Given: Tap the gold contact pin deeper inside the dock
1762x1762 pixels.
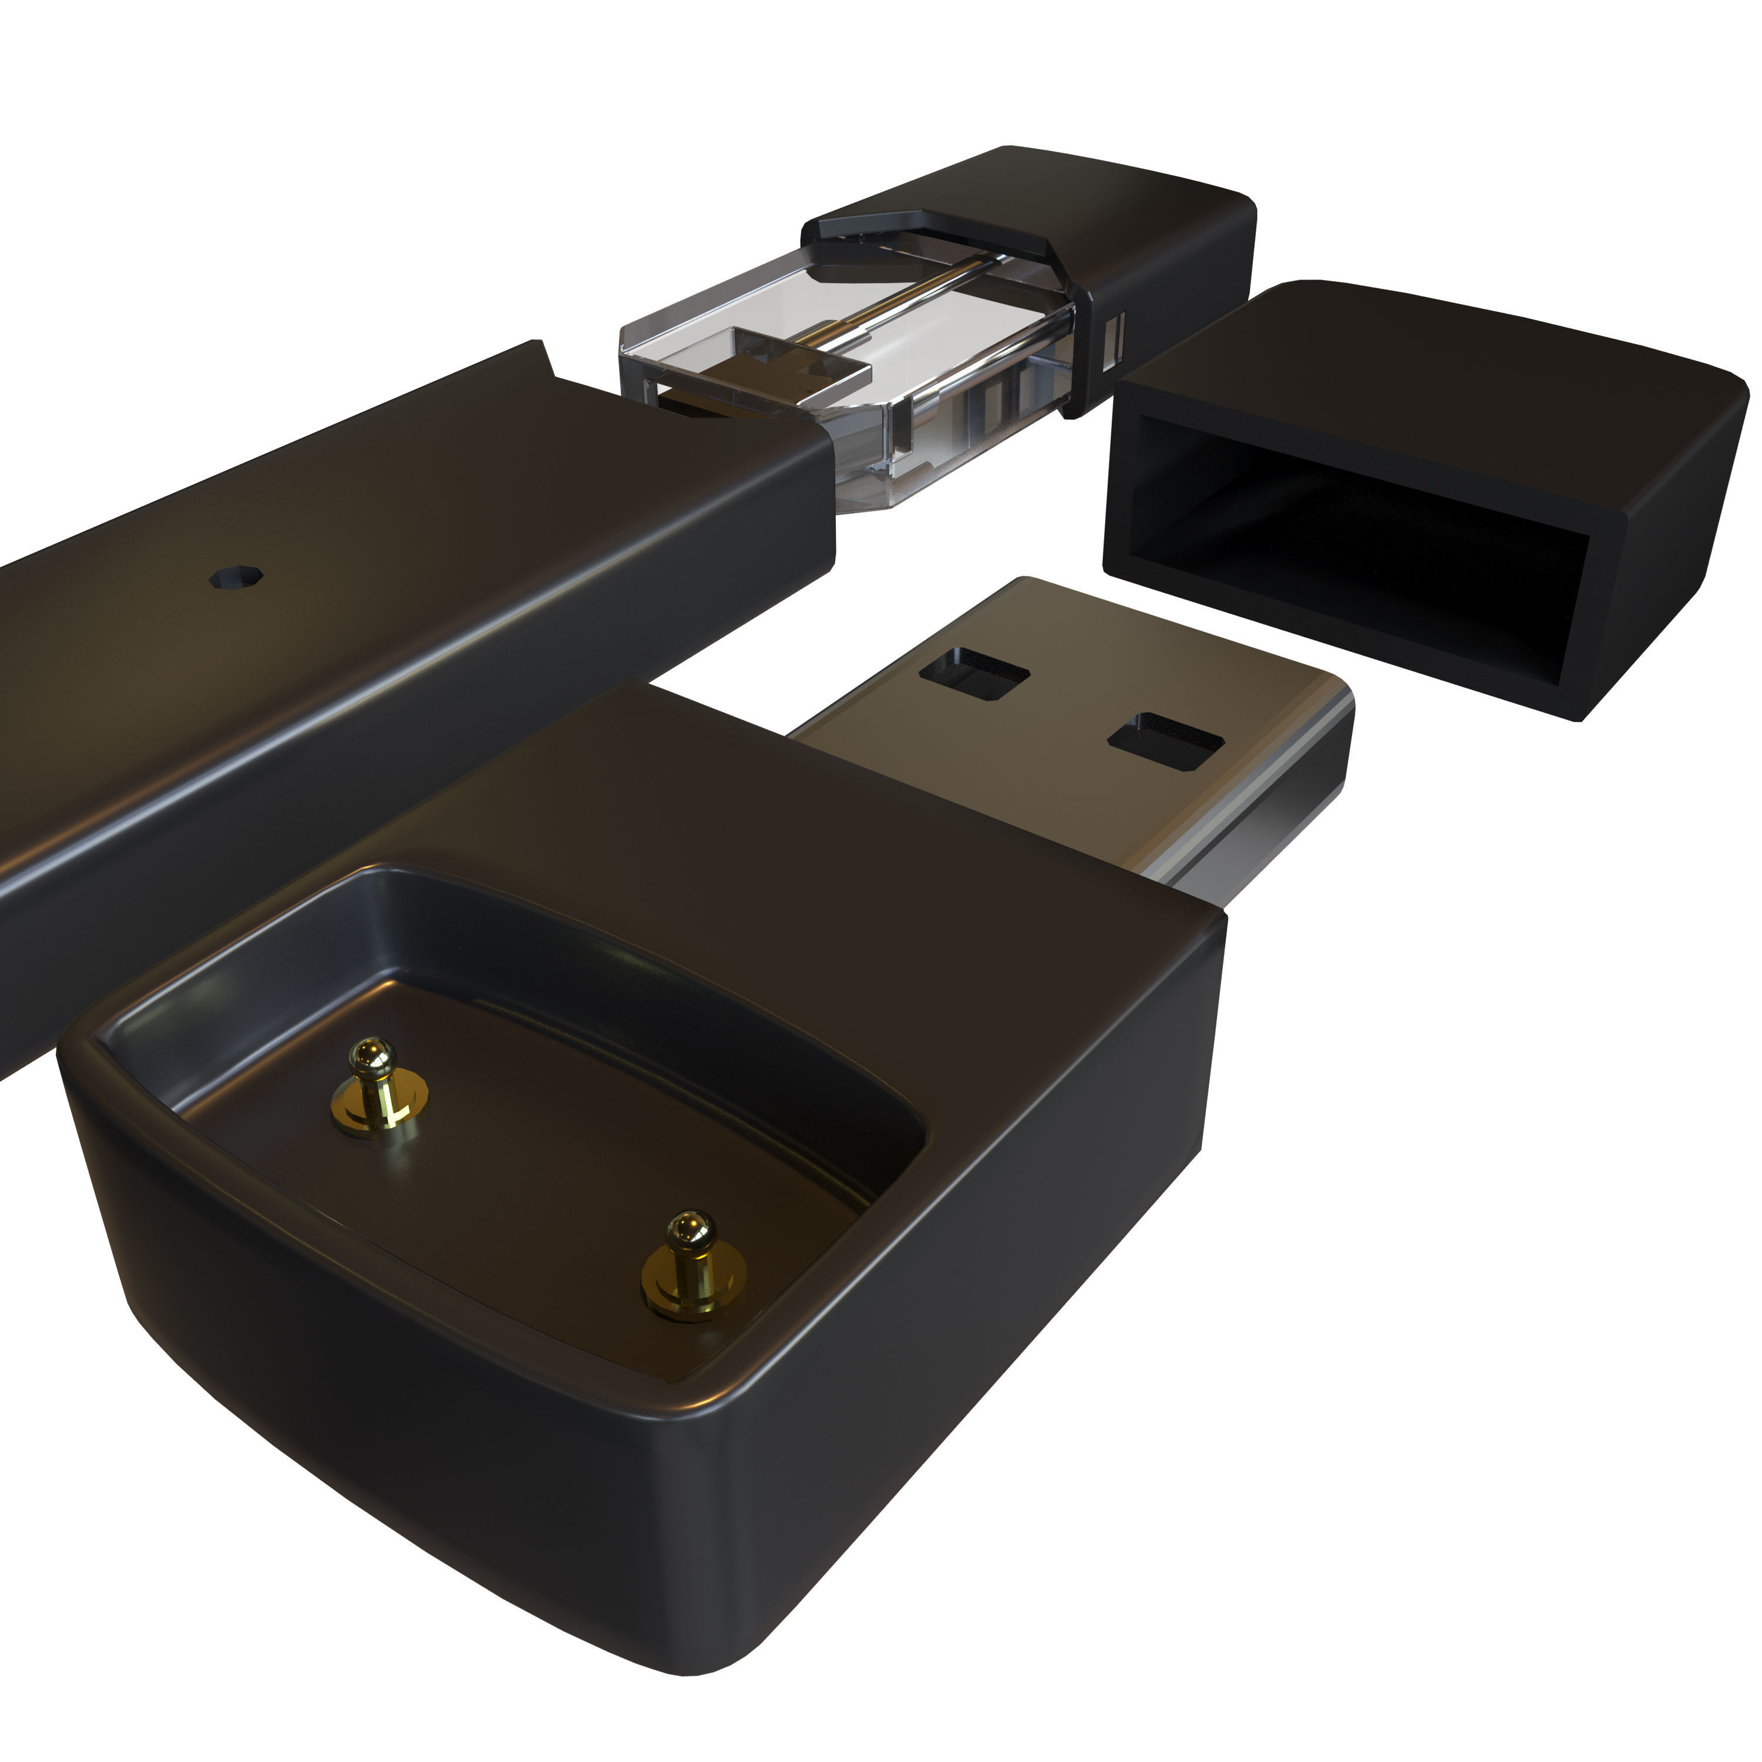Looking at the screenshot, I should click(375, 1088).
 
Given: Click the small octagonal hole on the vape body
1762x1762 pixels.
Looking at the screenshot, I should click(236, 577).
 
